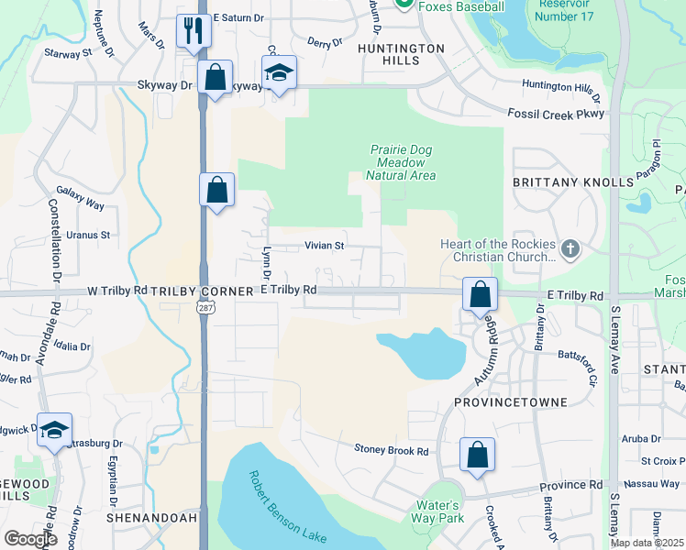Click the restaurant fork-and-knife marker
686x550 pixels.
coord(194,30)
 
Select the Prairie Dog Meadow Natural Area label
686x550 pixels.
coord(401,162)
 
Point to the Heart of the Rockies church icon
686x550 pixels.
coord(570,247)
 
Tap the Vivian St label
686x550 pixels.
coord(324,246)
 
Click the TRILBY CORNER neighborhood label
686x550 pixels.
coord(204,291)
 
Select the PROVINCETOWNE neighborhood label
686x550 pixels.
coord(511,402)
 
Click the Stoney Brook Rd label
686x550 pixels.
coord(392,450)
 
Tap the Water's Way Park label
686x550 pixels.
coord(437,511)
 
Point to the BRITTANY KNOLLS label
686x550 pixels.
coord(573,182)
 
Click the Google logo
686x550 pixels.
coord(30,539)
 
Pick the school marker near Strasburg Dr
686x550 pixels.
coord(54,429)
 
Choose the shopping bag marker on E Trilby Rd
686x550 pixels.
coord(480,294)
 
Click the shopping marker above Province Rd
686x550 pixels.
coord(477,455)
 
